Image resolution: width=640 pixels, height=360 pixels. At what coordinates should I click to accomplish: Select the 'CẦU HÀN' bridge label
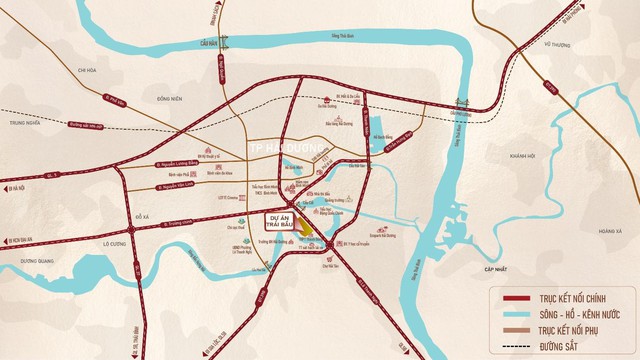[x=207, y=44]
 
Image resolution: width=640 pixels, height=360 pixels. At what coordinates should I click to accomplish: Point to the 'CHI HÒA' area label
[x=77, y=70]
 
